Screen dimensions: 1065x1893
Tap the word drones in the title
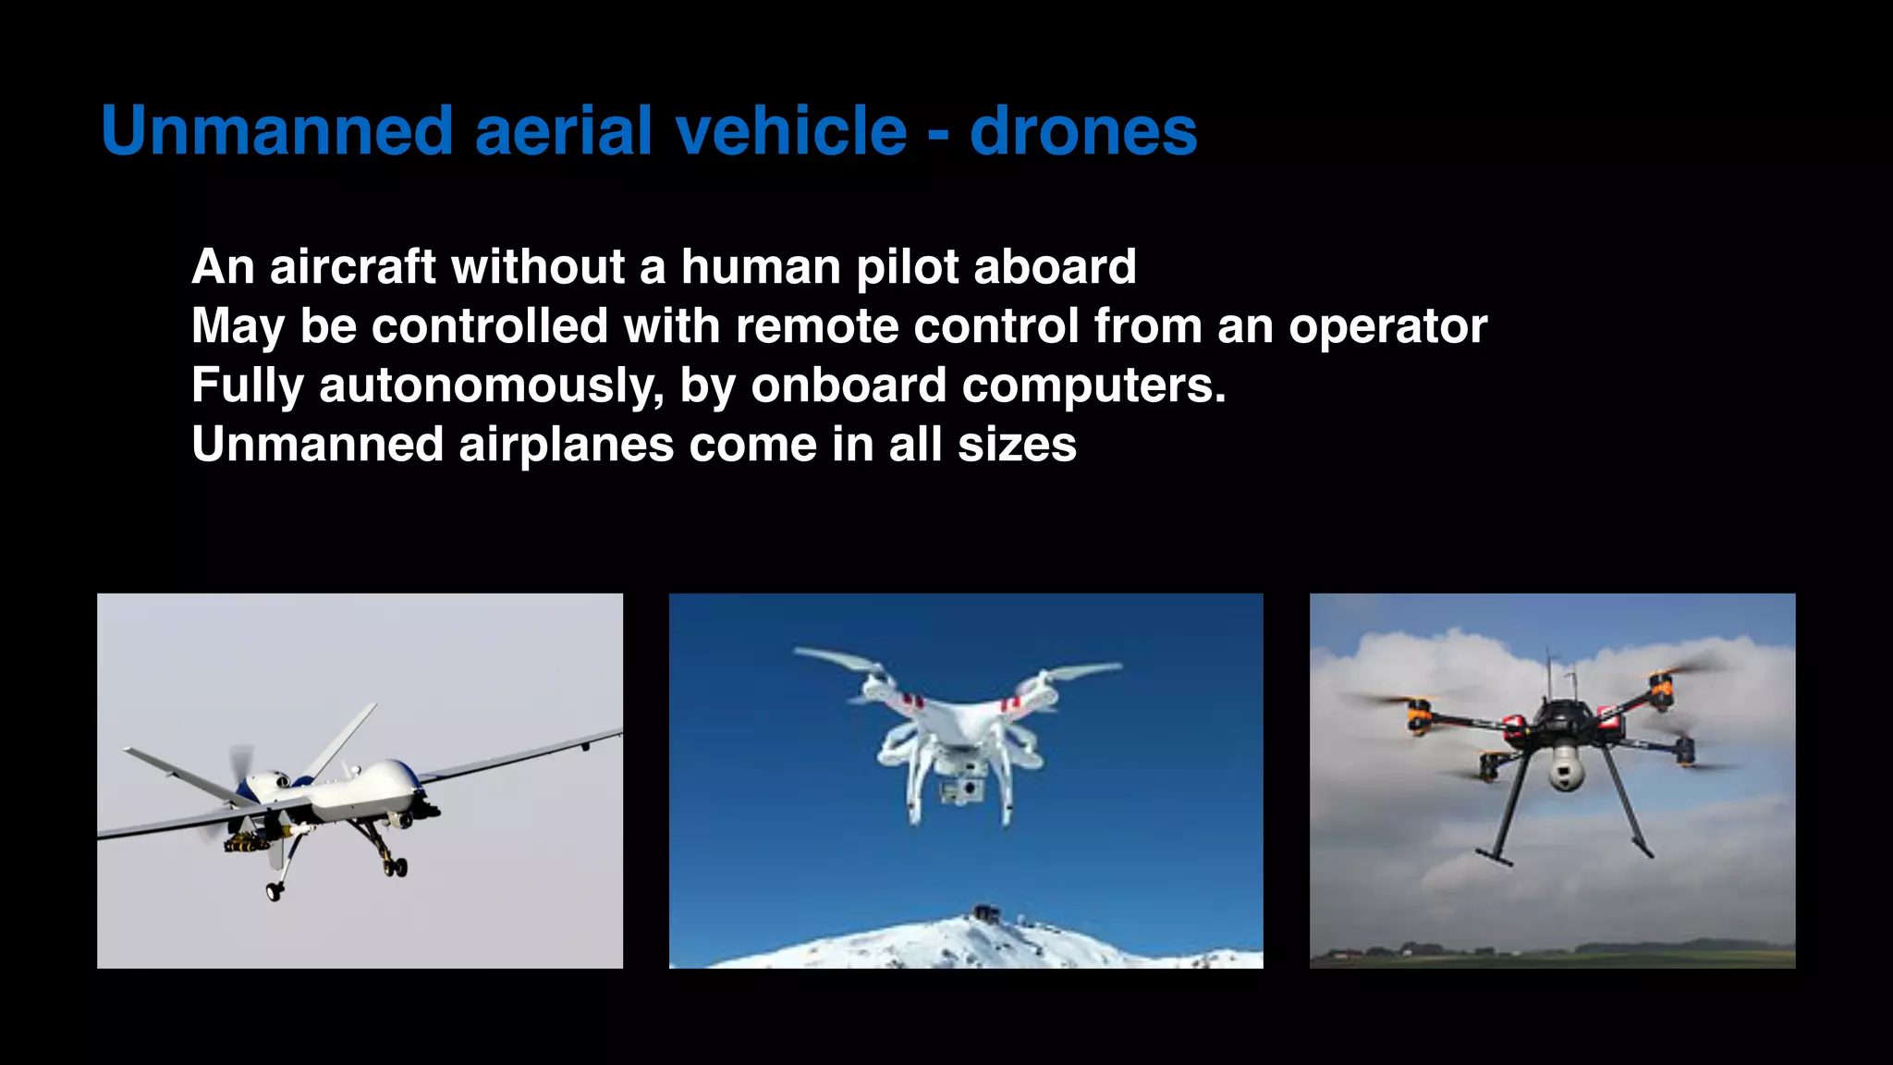coord(1083,130)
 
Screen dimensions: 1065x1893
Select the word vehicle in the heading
coord(791,130)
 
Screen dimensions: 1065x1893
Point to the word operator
coord(1387,326)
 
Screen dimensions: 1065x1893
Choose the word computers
coord(1093,386)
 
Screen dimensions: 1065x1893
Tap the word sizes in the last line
coord(1017,445)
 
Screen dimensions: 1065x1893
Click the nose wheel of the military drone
coord(275,892)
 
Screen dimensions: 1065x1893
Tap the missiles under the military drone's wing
coord(248,841)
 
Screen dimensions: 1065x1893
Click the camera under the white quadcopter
coord(960,790)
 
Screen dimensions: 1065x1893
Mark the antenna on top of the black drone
coord(1550,675)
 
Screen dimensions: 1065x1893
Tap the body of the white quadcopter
coord(952,730)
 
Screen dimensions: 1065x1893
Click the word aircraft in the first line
coord(352,267)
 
